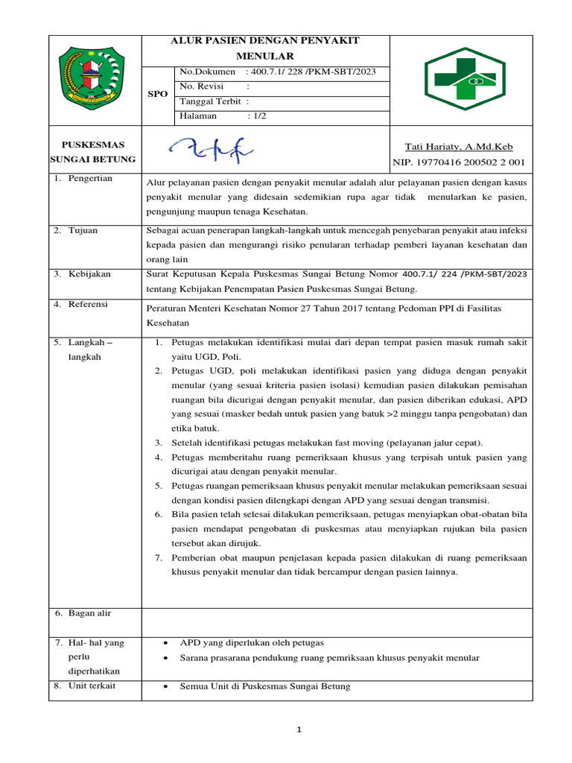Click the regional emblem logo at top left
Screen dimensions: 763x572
click(x=95, y=80)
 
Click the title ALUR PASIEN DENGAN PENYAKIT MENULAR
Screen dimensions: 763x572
click(x=265, y=48)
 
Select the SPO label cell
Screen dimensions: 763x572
click(x=158, y=95)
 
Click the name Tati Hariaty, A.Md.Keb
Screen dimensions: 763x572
click(x=458, y=147)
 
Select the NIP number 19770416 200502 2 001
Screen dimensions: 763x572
click(x=468, y=162)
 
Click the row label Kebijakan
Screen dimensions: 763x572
click(x=90, y=273)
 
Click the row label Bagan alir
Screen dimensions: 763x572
click(x=89, y=612)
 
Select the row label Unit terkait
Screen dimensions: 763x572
click(x=92, y=686)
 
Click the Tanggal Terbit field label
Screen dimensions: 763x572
click(x=212, y=101)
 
